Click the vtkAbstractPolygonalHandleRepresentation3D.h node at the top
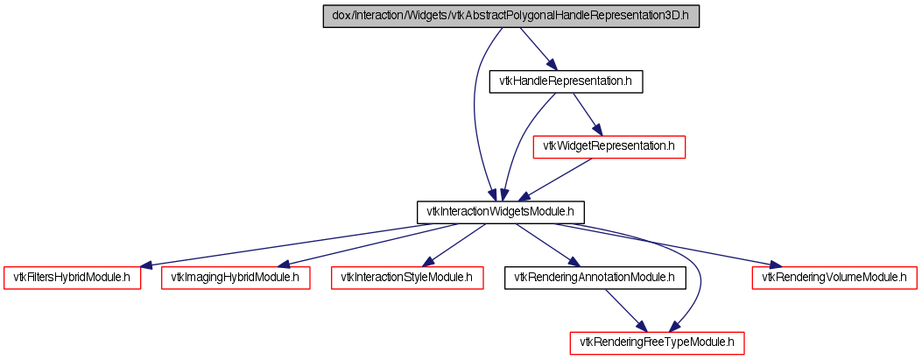pos(511,17)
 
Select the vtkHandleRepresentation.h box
pos(566,81)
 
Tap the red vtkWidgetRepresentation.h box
pos(609,146)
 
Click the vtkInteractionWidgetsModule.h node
pos(499,212)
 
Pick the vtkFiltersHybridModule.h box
pos(72,278)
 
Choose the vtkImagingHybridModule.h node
pos(236,278)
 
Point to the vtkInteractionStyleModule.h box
pos(406,278)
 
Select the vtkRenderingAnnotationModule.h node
pos(595,278)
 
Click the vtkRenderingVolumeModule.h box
pos(834,278)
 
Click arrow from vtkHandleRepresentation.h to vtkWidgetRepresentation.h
pos(585,113)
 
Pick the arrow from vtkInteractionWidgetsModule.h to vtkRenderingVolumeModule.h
pos(665,245)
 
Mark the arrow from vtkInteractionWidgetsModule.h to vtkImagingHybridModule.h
pos(368,245)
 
